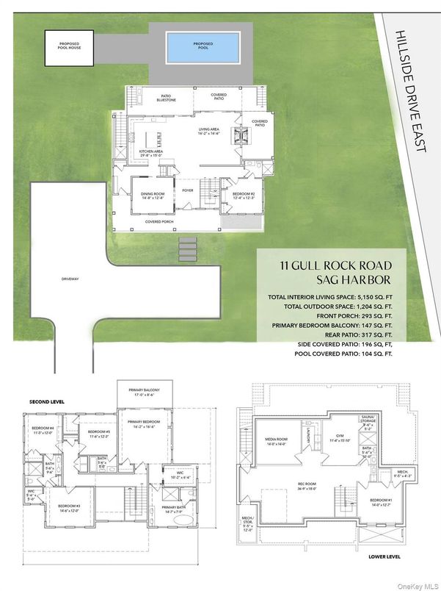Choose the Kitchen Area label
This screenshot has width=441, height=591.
[151, 151]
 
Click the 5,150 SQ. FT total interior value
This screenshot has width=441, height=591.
[372, 296]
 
